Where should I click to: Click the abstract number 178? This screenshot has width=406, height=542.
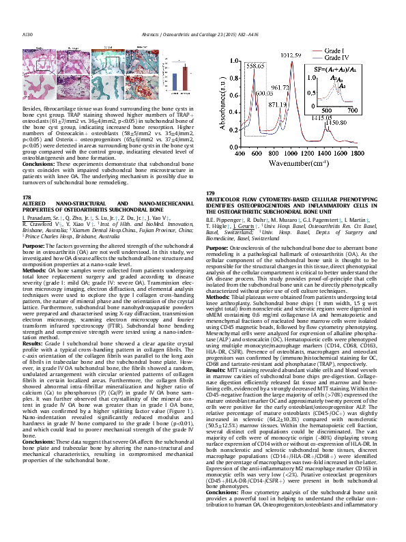27,197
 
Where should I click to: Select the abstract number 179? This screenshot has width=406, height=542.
209,193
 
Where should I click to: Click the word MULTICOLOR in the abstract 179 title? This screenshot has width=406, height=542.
223,199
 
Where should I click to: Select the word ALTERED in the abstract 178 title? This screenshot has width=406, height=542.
35,203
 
